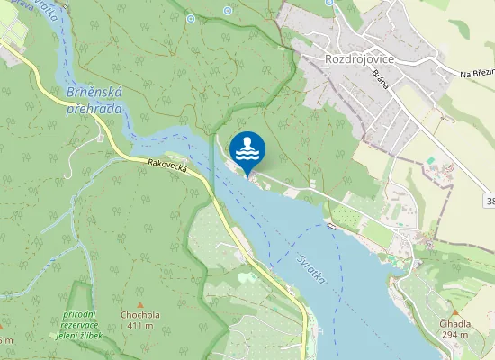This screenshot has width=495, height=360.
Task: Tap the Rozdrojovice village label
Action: pos(361,58)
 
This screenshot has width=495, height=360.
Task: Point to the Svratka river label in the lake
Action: pos(310,269)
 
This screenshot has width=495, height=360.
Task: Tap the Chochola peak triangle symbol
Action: pos(139,305)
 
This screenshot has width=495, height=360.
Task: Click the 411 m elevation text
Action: pos(139,325)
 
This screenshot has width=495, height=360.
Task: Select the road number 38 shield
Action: pos(488,200)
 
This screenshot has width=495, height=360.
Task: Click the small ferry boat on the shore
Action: pos(332,227)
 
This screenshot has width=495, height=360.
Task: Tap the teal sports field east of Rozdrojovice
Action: pos(430,160)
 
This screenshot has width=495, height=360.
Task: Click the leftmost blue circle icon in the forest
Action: pos(190,18)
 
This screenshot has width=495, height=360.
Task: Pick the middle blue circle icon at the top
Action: pos(227,11)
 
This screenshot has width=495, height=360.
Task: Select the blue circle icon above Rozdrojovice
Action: pos(329,3)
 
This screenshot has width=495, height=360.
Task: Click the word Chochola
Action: pos(139,315)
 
